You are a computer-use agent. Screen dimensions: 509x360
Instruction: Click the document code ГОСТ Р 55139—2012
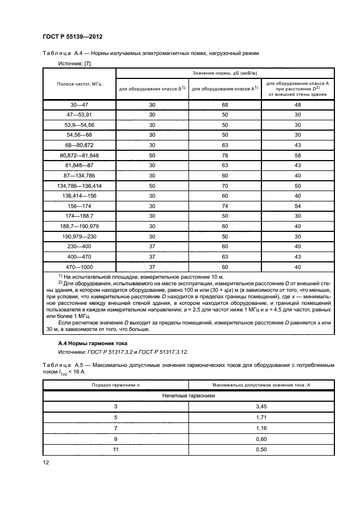[72, 36]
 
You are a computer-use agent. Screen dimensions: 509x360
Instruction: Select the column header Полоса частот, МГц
[80, 84]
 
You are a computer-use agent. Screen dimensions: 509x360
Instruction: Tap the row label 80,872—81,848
[80, 156]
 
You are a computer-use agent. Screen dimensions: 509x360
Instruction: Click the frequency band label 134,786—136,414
[80, 186]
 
